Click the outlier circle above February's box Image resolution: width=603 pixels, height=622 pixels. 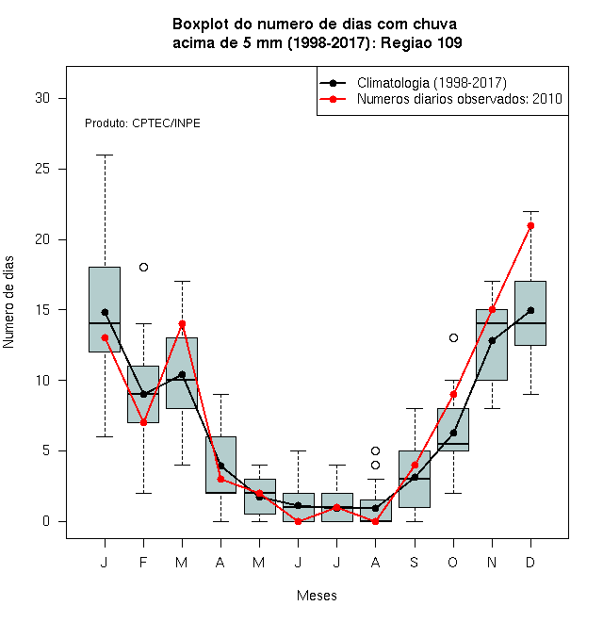[143, 268]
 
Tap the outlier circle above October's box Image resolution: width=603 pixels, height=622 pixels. [453, 338]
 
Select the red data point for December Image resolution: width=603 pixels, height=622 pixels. [530, 226]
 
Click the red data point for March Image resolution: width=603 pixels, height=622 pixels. [182, 323]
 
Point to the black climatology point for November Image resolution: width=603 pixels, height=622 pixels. [493, 341]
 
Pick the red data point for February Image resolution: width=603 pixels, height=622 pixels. [143, 423]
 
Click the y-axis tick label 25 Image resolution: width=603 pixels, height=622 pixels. [42, 169]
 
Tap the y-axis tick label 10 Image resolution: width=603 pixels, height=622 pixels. [42, 381]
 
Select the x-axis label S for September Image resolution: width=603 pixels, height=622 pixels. [415, 562]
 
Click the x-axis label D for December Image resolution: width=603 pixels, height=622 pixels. [530, 562]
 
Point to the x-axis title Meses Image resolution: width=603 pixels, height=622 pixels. [317, 596]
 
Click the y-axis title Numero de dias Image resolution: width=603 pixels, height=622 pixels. [8, 303]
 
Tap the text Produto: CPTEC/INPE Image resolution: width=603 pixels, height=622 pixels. [142, 123]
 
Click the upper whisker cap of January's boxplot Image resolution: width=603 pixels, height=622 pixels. [105, 155]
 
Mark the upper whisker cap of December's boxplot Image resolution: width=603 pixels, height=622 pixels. [530, 211]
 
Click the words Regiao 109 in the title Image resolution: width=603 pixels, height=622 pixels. [421, 42]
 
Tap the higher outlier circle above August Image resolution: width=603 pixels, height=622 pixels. [375, 451]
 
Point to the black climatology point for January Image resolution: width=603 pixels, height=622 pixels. [105, 313]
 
